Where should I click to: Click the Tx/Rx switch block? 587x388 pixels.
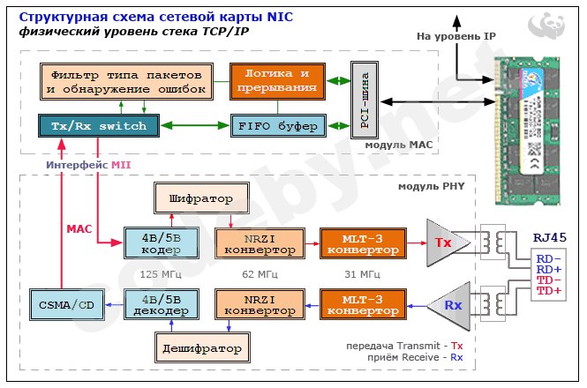[x=99, y=126]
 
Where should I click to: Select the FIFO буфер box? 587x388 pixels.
[x=278, y=126]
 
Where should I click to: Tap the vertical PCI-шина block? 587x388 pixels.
[x=365, y=101]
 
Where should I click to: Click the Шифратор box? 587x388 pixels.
[x=201, y=198]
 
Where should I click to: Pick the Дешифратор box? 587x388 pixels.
[x=202, y=347]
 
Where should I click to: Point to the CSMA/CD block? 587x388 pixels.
[x=67, y=305]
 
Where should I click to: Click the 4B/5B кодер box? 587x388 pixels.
[x=162, y=243]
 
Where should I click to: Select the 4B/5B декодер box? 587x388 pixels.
[x=162, y=304]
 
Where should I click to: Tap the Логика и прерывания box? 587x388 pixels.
[x=277, y=81]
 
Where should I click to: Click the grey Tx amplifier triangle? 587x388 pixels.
[x=445, y=242]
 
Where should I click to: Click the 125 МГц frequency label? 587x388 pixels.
[x=161, y=274]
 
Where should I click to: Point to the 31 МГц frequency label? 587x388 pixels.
[x=362, y=274]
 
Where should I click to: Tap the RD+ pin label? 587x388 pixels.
[x=549, y=269]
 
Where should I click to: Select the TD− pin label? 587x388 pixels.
[x=549, y=280]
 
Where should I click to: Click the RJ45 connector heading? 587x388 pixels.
[x=550, y=237]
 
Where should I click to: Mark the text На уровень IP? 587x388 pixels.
[x=456, y=36]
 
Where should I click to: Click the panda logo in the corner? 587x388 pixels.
[x=546, y=26]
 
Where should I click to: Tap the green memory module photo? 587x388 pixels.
[x=527, y=131]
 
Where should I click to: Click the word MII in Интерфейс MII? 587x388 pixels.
[x=121, y=165]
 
